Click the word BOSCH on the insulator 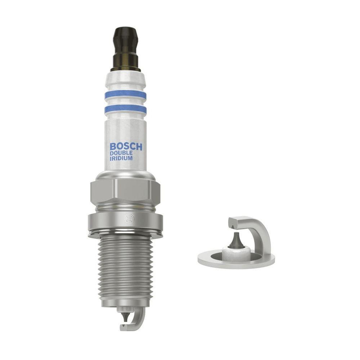(126, 147)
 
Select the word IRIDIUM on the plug (121, 158)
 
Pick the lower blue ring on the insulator (125, 109)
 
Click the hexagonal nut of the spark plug (125, 192)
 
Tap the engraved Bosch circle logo (129, 218)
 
